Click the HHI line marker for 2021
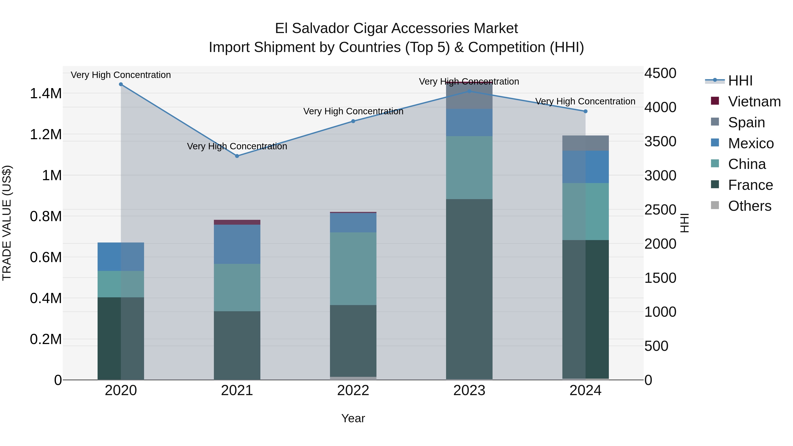(x=237, y=156)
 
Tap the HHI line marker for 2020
(x=121, y=84)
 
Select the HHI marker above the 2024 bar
(x=585, y=111)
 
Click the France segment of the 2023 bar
(x=469, y=289)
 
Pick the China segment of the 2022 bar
(x=353, y=268)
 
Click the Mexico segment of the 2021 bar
(x=237, y=244)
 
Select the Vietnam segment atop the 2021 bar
(x=237, y=222)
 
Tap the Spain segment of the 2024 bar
(x=585, y=143)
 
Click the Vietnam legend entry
(x=754, y=102)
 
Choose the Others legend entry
(x=749, y=206)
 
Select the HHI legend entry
(x=740, y=81)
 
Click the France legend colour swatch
(x=715, y=185)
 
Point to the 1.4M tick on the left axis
(x=46, y=94)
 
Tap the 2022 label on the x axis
(x=353, y=390)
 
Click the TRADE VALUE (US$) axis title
(x=7, y=223)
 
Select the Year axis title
(x=353, y=418)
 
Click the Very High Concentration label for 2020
(x=121, y=75)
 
